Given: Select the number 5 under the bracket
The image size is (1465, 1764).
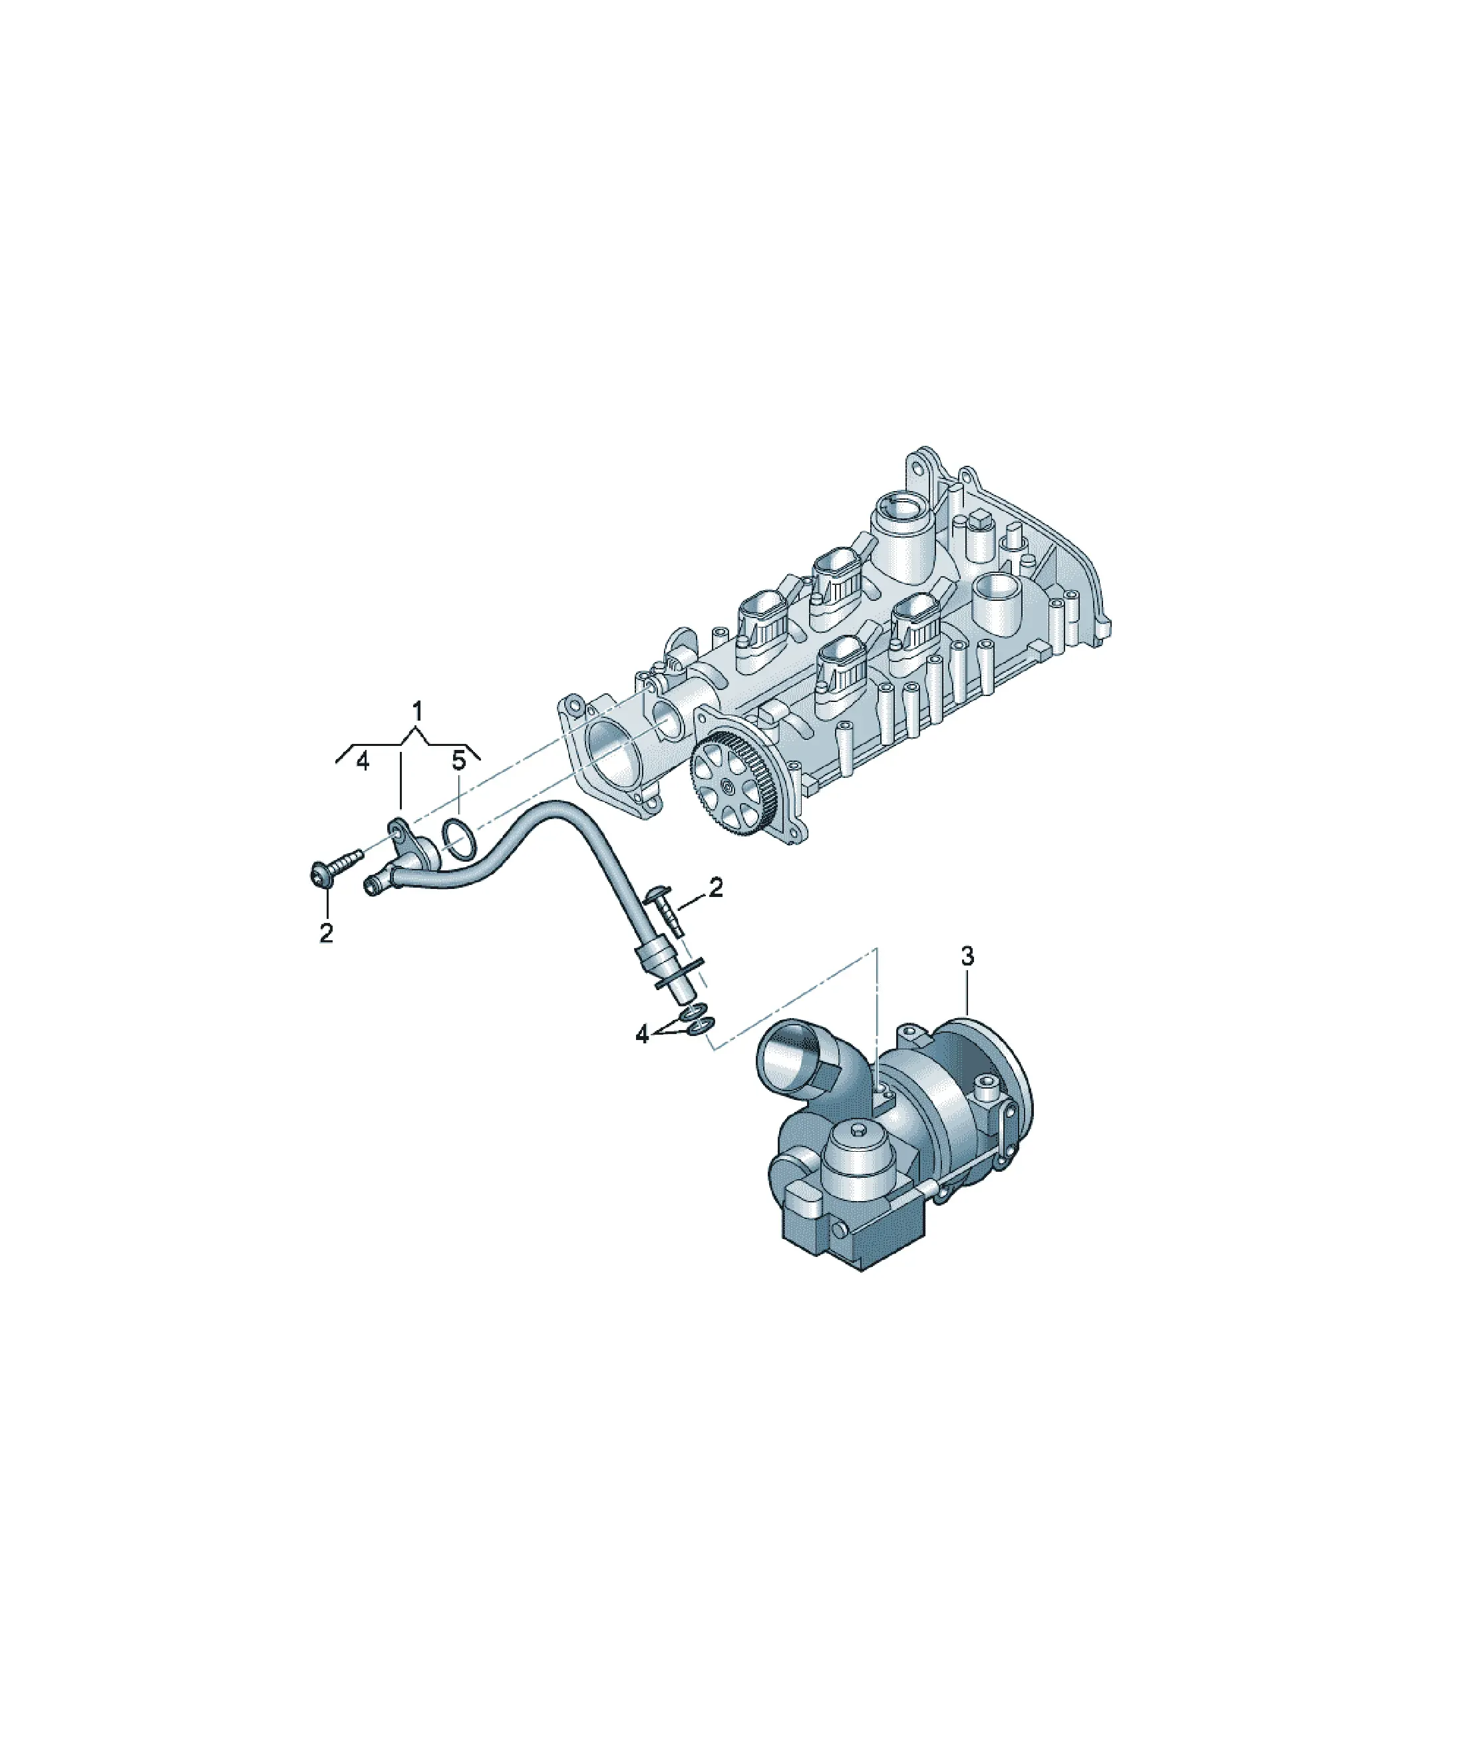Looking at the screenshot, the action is coord(458,761).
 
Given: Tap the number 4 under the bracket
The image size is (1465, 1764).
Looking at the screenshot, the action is coord(363,761).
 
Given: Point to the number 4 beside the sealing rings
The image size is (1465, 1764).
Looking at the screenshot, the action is coord(643,1035).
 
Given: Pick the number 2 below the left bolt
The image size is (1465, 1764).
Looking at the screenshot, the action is coord(327,932).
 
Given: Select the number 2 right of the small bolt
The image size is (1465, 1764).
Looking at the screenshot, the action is coord(716,887).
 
